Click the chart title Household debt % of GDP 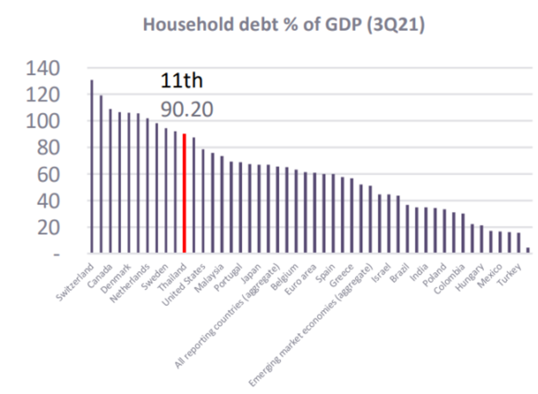coord(284,25)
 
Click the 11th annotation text coord(181,81)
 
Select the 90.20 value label coord(187,109)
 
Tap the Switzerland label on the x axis coord(75,282)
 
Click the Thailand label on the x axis coord(171,278)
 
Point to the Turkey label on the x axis coord(508,275)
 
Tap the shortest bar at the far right coord(528,250)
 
